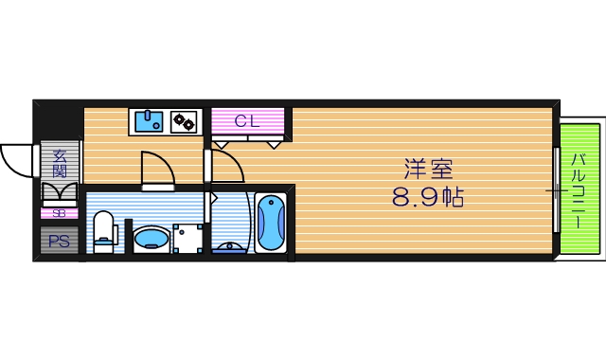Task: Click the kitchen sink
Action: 148,120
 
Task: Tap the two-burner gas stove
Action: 183,120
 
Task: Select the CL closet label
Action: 247,120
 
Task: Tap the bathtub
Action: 271,224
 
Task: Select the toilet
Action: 104,231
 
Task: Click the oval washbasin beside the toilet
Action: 149,238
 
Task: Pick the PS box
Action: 58,241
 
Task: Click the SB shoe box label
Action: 59,213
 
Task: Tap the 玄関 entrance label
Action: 59,163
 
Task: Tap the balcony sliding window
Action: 555,189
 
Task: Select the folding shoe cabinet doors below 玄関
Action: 59,194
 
